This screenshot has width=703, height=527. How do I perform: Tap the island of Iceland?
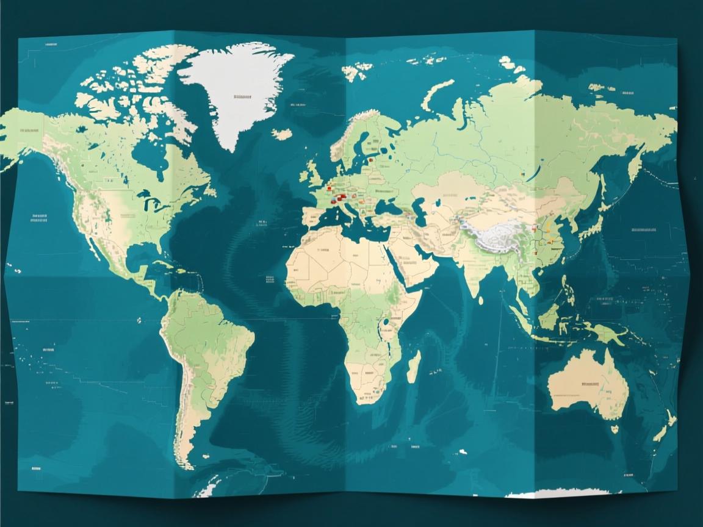tap(282, 134)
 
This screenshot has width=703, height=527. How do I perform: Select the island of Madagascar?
tap(414, 366)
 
